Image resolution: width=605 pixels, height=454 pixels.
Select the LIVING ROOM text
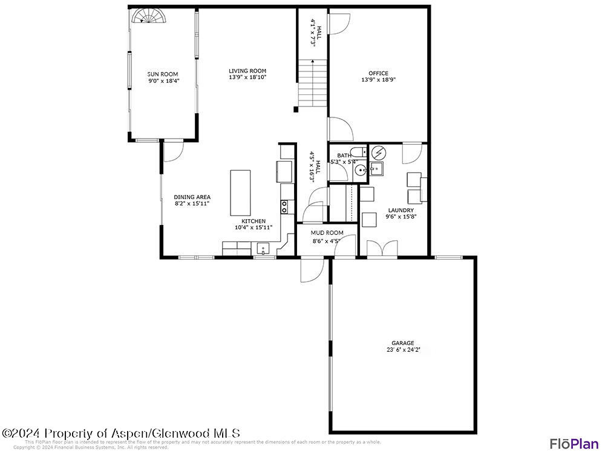click(247, 71)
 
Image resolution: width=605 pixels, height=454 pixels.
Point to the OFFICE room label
click(378, 74)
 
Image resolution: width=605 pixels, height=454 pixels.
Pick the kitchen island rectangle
click(240, 192)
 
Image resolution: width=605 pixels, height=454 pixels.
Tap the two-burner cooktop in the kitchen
click(284, 206)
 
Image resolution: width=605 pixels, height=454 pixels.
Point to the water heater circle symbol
click(378, 153)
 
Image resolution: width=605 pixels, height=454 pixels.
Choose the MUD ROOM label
click(327, 233)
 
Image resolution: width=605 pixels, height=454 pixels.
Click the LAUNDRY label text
click(401, 211)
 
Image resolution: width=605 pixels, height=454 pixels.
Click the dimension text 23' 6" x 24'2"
click(404, 350)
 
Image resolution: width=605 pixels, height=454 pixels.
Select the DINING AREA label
click(192, 197)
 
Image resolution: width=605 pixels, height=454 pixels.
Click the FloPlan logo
click(574, 443)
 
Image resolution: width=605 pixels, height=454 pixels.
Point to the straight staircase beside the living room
click(312, 84)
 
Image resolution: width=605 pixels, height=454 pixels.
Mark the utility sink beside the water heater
click(376, 169)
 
